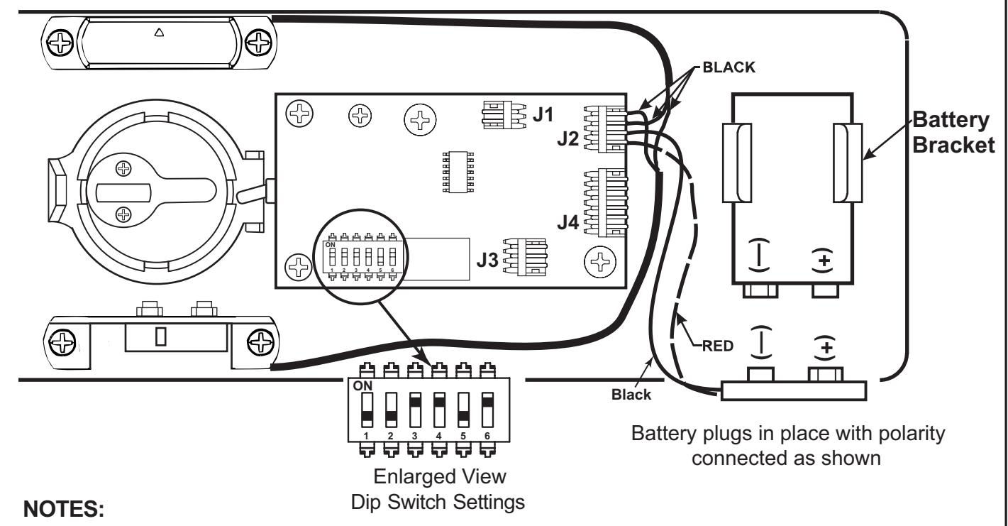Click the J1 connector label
[543, 114]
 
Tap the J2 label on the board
[568, 138]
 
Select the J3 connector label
[487, 260]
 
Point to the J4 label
[568, 222]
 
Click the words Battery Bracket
[953, 133]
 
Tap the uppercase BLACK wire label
[729, 67]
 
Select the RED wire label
[718, 346]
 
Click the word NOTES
[64, 509]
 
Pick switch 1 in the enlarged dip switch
[367, 410]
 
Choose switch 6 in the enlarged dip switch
[487, 410]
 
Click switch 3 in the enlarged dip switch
[415, 410]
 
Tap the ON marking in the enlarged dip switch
[362, 386]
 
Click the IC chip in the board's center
[458, 172]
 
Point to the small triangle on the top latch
[159, 33]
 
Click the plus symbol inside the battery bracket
[824, 261]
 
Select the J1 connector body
[504, 115]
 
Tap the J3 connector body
[525, 257]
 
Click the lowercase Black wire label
[631, 395]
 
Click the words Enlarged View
[440, 476]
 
